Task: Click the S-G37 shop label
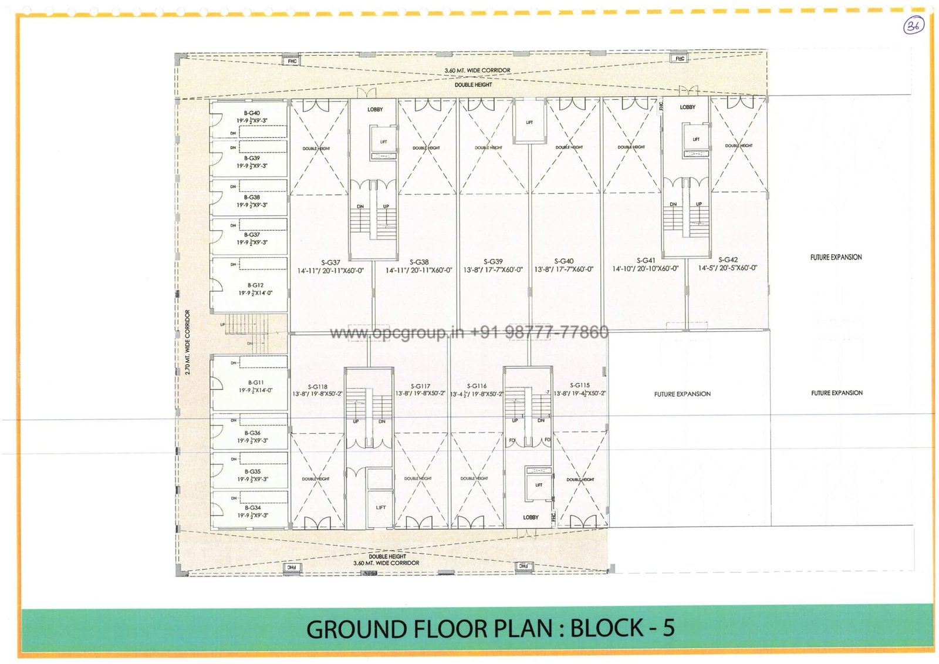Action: [x=330, y=262]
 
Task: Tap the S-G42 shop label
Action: [x=728, y=259]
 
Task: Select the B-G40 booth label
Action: [x=252, y=113]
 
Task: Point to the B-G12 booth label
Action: [x=255, y=285]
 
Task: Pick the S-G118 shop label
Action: [x=317, y=387]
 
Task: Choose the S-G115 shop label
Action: [x=580, y=386]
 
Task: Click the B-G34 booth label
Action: [x=253, y=508]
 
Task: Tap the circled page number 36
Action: [x=913, y=26]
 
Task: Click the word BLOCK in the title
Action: [x=606, y=629]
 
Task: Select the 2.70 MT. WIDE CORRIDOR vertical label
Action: [x=188, y=342]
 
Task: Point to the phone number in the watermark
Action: [x=539, y=332]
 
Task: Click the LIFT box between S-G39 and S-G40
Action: [x=529, y=122]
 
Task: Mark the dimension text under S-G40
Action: [x=563, y=269]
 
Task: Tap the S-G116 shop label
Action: [x=477, y=386]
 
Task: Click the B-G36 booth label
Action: [x=252, y=433]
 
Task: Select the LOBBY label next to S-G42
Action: [x=687, y=107]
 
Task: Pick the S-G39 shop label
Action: [x=493, y=262]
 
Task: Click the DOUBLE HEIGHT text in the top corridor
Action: [x=473, y=85]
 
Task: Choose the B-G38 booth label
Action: [x=252, y=197]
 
